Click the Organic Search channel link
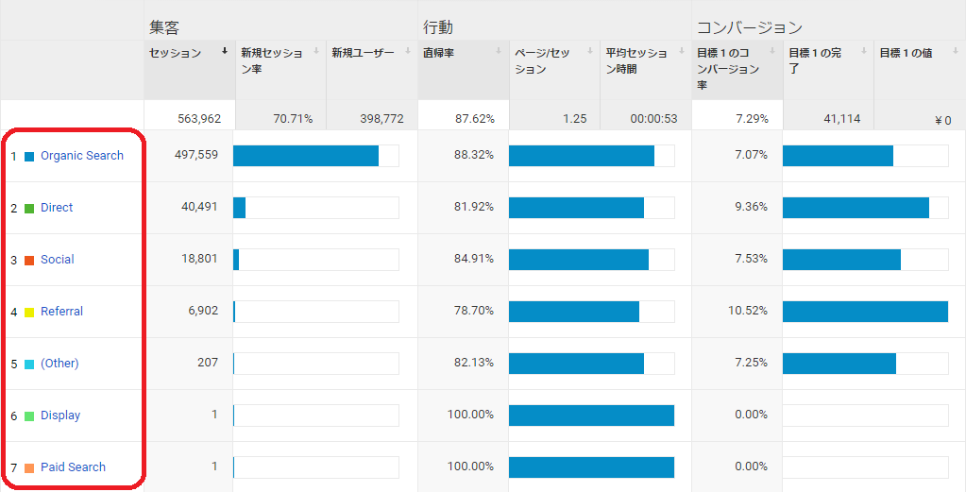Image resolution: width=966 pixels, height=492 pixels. [x=82, y=156]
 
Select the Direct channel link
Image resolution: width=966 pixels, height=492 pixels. [x=57, y=208]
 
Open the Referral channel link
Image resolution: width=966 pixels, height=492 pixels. [x=61, y=312]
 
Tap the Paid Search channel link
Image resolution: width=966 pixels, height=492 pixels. [x=73, y=467]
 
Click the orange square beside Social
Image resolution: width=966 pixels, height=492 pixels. [x=29, y=260]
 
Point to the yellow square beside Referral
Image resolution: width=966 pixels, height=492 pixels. [x=29, y=312]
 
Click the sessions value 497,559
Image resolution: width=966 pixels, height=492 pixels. [x=196, y=155]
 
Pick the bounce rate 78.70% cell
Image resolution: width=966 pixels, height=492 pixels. [x=474, y=311]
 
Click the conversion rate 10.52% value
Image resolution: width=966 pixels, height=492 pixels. [x=748, y=311]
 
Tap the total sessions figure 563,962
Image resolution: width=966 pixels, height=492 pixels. [x=199, y=119]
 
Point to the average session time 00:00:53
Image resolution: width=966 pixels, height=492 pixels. [x=654, y=119]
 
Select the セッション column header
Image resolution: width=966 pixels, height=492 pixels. [x=176, y=54]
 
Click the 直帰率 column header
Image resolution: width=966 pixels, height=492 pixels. [x=439, y=54]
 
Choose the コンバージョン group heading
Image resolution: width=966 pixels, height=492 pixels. [x=749, y=27]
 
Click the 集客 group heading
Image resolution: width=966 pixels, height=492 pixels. [x=164, y=27]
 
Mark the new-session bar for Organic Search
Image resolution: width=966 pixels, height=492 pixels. [x=306, y=156]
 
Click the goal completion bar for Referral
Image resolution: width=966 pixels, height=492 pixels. [x=865, y=312]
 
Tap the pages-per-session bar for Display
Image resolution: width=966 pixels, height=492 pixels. [x=591, y=416]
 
